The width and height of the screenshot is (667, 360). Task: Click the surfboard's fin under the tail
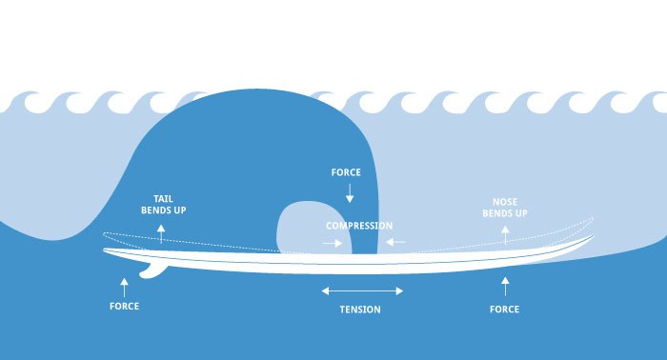coord(153,269)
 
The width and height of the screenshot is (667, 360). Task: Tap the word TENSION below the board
coord(360,310)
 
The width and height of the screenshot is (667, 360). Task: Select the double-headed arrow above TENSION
coord(362,290)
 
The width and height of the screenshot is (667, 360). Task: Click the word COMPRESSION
coord(359,226)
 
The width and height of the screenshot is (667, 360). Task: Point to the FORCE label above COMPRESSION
coord(345,173)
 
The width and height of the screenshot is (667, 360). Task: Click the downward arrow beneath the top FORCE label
coord(350,192)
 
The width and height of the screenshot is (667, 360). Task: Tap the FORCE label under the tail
coord(124,306)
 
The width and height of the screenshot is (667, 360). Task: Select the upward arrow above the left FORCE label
coord(124,283)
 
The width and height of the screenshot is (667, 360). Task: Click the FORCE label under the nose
coord(504,310)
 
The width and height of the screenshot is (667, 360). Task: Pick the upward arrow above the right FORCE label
coord(505,283)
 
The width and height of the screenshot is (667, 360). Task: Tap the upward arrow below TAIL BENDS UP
coord(161,231)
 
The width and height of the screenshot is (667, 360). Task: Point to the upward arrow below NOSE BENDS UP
coord(506,233)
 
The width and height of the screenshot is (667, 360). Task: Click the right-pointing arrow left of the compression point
coord(333,242)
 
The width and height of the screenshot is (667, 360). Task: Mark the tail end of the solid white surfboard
coord(105,251)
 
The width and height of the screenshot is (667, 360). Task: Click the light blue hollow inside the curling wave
coord(310,229)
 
